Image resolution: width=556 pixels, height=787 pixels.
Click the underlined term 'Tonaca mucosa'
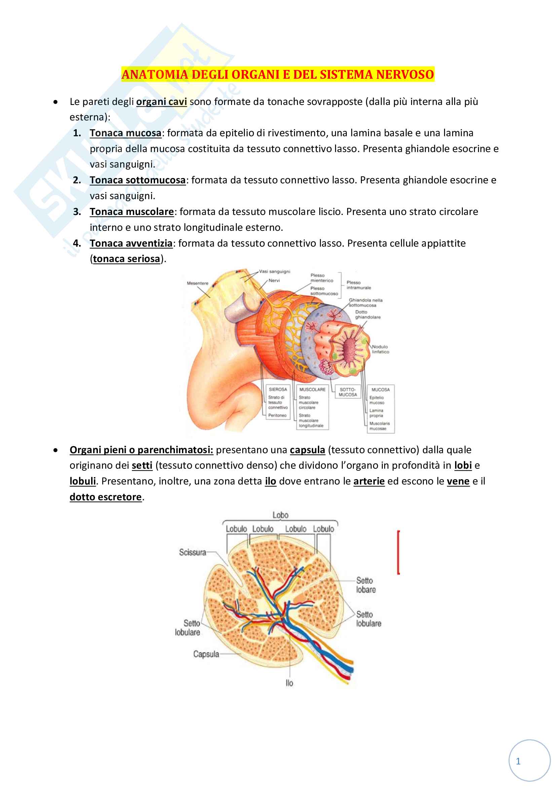point(125,133)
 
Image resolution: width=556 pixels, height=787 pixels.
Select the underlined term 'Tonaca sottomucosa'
point(137,180)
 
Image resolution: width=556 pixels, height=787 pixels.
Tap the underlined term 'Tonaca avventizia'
point(131,243)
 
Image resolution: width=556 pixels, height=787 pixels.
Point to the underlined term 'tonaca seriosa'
point(126,259)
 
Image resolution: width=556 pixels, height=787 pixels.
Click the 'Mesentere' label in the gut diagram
point(197,283)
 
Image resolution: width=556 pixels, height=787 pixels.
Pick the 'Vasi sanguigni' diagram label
point(274,272)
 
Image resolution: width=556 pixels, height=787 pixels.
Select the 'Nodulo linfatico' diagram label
point(380,349)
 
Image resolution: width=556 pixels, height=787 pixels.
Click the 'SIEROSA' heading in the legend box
point(278,389)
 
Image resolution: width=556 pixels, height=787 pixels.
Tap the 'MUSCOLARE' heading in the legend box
point(312,389)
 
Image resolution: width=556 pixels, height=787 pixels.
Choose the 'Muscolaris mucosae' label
point(379,426)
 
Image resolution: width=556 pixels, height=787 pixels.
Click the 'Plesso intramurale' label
point(358,285)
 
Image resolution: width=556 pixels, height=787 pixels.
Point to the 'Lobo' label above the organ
point(280,515)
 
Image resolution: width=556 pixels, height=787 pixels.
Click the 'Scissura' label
point(192,552)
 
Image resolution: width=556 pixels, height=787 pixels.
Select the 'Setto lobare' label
point(366,585)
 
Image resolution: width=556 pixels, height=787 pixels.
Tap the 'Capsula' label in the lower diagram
point(206,654)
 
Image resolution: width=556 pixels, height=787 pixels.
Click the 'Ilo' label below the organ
point(290,683)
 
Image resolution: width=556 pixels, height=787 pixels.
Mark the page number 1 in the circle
point(518,761)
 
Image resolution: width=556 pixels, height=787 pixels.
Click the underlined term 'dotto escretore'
point(106,497)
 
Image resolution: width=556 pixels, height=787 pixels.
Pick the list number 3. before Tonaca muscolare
point(77,212)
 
